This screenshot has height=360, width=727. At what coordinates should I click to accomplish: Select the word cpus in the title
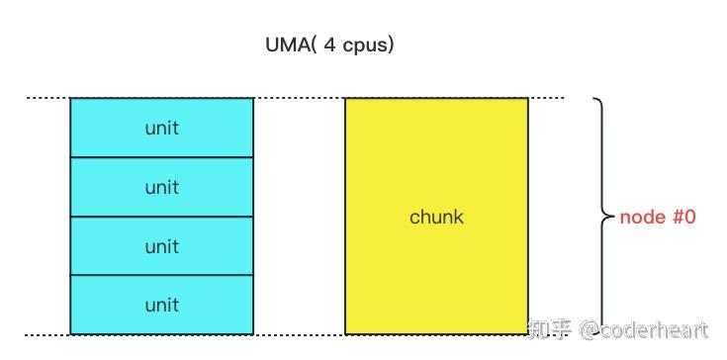coord(363,46)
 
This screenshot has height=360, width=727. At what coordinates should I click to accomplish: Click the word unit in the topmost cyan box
coord(162,129)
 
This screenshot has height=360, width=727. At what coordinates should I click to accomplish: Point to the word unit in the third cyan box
coord(162,246)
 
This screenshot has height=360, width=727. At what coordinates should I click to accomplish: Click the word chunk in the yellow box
coord(436,217)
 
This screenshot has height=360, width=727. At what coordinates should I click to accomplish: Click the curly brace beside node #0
coord(600,217)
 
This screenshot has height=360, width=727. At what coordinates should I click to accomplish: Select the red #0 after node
coord(681,217)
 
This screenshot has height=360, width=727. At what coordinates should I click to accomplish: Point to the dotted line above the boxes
coord(297,98)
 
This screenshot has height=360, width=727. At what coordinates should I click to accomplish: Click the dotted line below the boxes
coord(297,334)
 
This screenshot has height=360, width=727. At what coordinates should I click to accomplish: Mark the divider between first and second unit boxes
coord(162,157)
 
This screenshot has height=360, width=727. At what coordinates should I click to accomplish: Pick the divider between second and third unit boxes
coord(162,217)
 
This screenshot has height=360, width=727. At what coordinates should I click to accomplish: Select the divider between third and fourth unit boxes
coord(162,275)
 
